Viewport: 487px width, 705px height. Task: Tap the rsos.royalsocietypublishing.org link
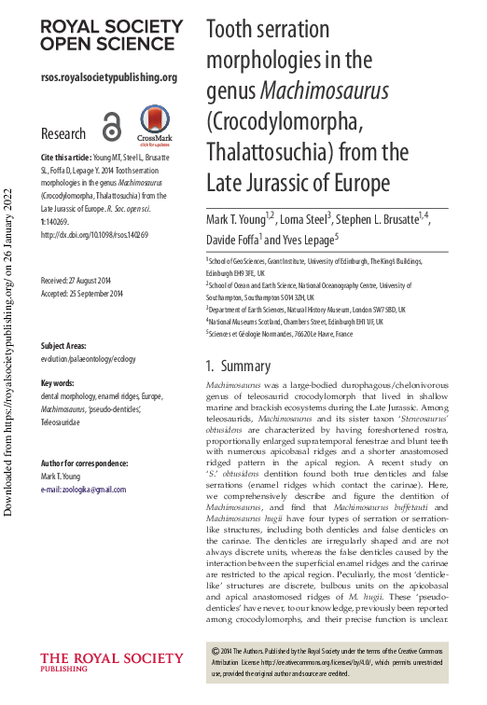click(x=109, y=77)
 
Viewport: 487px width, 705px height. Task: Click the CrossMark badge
click(x=155, y=126)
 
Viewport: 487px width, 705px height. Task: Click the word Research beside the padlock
click(x=64, y=133)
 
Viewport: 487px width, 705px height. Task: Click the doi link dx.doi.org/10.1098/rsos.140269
click(x=94, y=236)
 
